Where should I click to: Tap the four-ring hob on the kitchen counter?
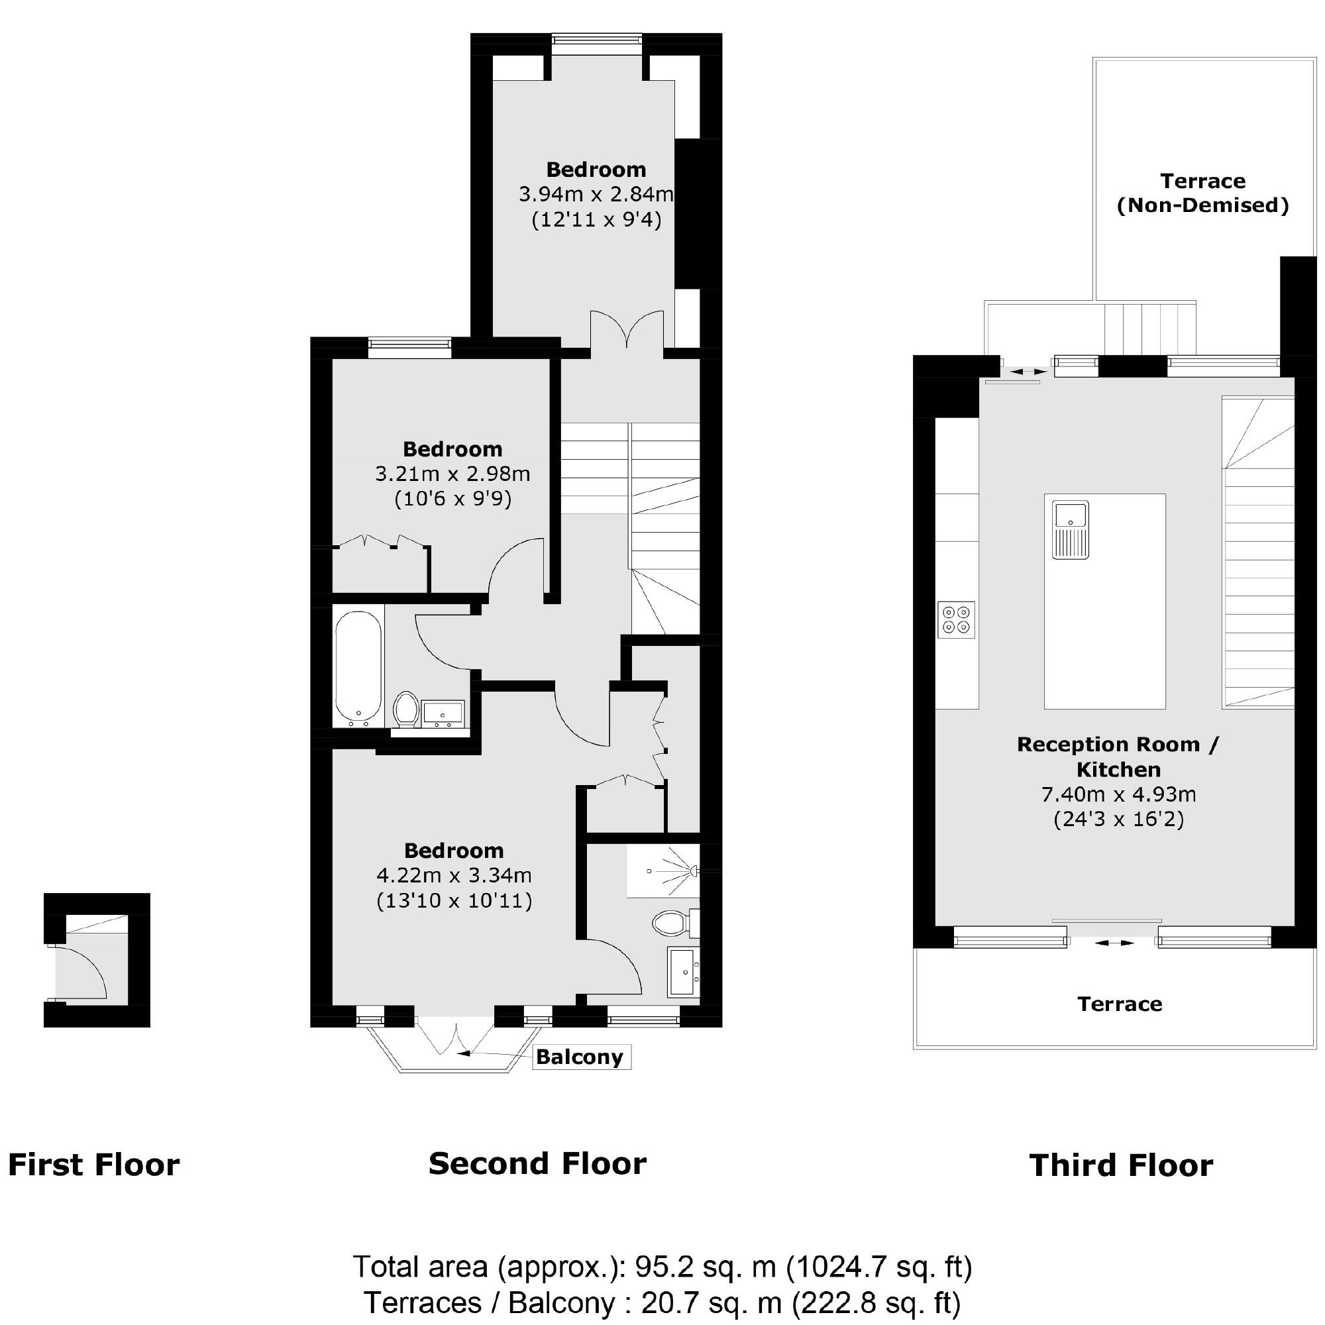(x=956, y=619)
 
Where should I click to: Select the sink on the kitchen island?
(x=1070, y=529)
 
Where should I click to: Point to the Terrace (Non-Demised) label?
(x=1203, y=193)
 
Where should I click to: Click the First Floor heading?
(x=93, y=1165)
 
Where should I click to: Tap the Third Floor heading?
(x=1121, y=1165)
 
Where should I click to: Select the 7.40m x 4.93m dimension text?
(x=1118, y=794)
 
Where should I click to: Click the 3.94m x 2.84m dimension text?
(x=596, y=195)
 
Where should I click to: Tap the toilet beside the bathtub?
(x=407, y=708)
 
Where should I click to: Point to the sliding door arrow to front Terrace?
(x=1114, y=943)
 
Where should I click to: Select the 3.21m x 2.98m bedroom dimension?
(x=452, y=474)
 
